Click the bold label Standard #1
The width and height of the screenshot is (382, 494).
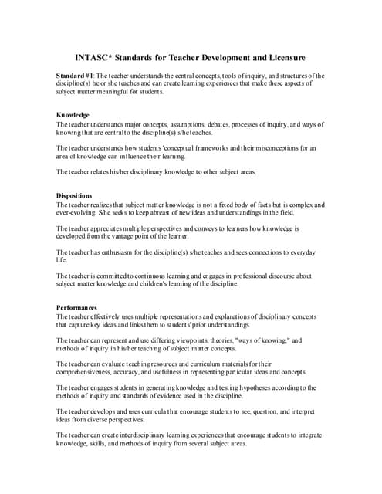pos(75,76)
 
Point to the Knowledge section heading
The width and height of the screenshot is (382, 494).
pos(73,115)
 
